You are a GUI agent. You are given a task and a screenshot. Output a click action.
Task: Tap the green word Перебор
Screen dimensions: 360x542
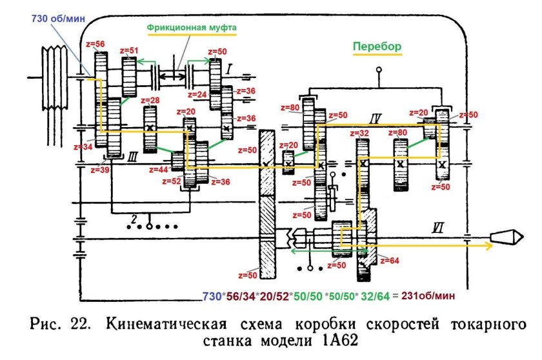tap(376, 46)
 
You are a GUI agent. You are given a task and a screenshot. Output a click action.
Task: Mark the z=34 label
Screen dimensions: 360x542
tap(84, 146)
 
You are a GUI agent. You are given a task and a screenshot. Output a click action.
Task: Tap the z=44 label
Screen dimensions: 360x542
tap(158, 170)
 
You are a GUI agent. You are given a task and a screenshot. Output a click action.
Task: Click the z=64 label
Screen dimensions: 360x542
tap(389, 261)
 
